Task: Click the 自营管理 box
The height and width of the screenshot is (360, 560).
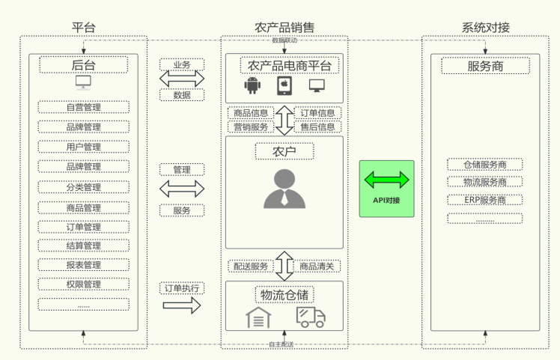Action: point(83,107)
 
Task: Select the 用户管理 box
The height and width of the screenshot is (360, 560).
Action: point(83,147)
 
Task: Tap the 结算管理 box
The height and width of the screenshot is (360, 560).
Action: point(83,245)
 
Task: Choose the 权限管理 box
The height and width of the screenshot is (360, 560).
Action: point(83,284)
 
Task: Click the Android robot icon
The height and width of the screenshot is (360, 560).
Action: point(251,86)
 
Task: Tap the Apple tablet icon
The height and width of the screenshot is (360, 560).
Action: point(284,86)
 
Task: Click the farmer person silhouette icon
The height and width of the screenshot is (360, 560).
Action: point(284,189)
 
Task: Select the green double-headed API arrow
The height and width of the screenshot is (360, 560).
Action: point(386,180)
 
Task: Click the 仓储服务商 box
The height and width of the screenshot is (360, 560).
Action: point(485,165)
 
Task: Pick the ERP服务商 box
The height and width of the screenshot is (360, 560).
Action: point(485,200)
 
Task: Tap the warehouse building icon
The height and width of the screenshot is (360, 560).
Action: point(258,317)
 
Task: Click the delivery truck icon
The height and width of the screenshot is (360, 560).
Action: point(310,317)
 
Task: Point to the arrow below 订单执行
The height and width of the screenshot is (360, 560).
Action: point(182,305)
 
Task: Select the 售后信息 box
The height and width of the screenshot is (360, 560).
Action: point(317,127)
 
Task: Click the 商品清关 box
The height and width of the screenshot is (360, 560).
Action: point(317,266)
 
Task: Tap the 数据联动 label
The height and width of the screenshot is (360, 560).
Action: point(284,40)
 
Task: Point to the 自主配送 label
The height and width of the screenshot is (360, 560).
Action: point(281,344)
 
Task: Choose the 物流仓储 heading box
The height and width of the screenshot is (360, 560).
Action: point(284,293)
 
